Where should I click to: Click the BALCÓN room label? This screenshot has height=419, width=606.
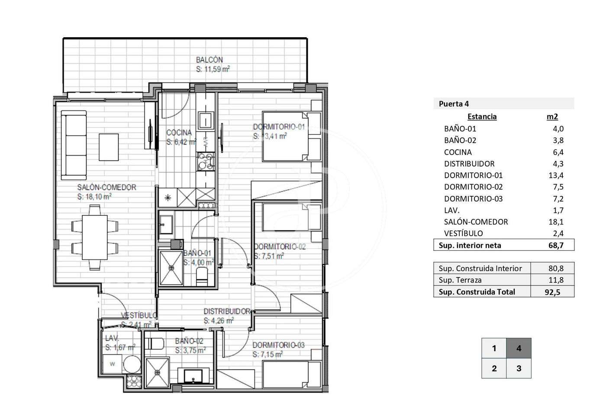[209, 60]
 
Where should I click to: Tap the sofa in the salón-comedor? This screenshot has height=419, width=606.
[74, 145]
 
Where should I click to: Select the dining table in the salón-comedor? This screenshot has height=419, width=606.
[95, 237]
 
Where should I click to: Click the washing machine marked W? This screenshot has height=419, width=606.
[112, 364]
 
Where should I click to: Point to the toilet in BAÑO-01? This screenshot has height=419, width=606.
[202, 276]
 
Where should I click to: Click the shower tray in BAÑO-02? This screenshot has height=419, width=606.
[157, 373]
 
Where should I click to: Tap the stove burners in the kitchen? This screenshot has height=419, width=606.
[206, 162]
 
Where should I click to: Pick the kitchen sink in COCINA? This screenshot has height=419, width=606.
[205, 121]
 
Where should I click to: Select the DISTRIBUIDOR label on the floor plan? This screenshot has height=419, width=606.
[227, 311]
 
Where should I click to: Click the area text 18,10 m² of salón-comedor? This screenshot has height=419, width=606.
[94, 196]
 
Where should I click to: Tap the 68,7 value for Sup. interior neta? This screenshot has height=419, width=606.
[556, 245]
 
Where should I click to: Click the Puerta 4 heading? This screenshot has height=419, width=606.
[454, 104]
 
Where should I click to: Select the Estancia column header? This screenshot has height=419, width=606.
[482, 116]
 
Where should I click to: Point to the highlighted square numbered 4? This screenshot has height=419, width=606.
[519, 348]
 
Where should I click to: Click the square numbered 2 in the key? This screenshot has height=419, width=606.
[494, 368]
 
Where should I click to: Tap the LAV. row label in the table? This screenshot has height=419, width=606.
[451, 210]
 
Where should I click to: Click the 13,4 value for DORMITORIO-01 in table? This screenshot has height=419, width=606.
[556, 175]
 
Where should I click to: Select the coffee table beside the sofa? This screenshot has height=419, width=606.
[109, 147]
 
